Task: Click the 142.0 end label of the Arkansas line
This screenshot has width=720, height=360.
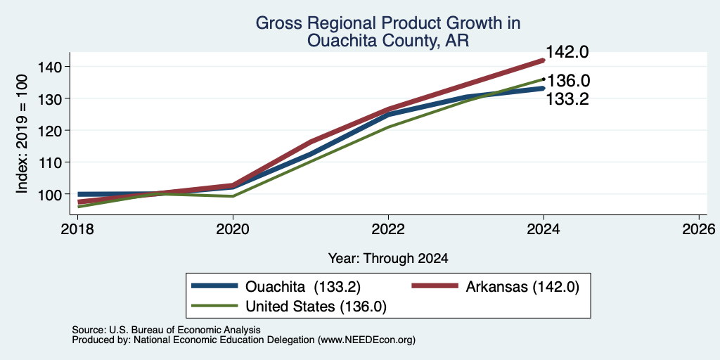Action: [x=567, y=52]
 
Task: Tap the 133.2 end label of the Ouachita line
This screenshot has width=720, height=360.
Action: [x=567, y=98]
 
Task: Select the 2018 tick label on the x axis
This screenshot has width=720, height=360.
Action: [x=77, y=229]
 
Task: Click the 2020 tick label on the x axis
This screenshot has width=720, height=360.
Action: [x=233, y=229]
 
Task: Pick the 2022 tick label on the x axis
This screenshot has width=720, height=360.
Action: [x=388, y=229]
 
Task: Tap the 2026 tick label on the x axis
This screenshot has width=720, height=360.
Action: [x=700, y=229]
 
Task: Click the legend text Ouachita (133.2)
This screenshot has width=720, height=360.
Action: [x=303, y=287]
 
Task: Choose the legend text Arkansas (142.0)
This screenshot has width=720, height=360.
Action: [x=523, y=287]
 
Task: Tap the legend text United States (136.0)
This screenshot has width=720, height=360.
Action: [x=316, y=307]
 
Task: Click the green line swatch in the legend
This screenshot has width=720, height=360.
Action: [x=214, y=305]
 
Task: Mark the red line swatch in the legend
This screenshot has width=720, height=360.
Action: [x=435, y=285]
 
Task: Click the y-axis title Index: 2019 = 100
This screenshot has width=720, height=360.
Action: [x=22, y=134]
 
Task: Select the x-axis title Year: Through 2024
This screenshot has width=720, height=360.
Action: [x=388, y=259]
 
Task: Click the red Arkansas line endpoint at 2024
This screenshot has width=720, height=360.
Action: [x=544, y=60]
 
